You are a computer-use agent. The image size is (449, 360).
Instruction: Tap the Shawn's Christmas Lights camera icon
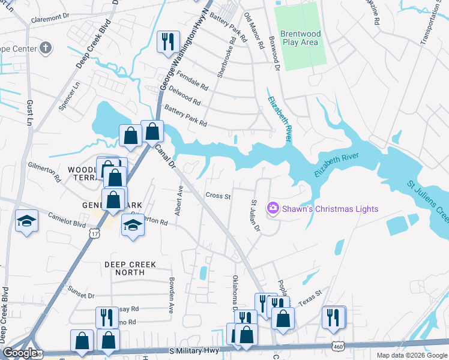[273, 208]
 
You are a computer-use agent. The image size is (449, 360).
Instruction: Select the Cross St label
[218, 196]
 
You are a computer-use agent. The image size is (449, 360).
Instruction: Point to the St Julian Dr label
[255, 215]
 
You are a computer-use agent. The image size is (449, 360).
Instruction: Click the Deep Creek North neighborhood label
[130, 268]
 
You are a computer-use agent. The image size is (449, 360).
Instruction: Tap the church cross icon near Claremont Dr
[46, 48]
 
